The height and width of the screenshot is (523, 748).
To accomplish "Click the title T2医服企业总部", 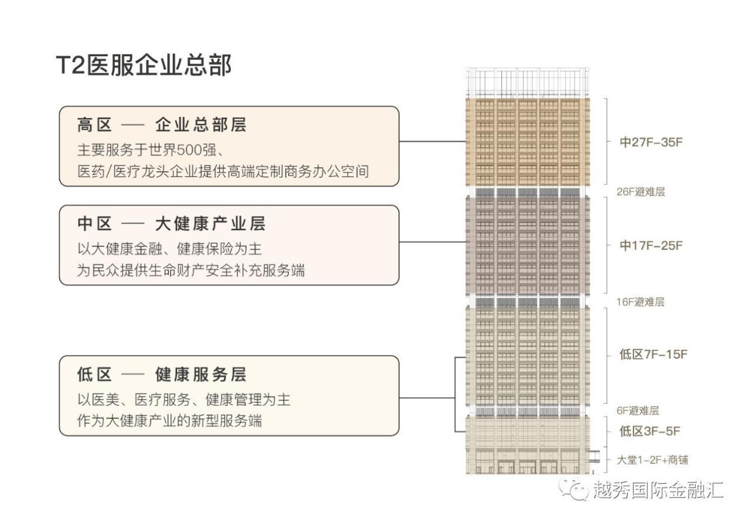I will (x=143, y=66).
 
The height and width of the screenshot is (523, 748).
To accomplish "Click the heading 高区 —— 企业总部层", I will (x=162, y=125).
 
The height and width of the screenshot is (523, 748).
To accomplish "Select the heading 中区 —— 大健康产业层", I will (x=171, y=224).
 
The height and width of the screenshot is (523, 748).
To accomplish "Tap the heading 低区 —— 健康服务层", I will (x=162, y=375).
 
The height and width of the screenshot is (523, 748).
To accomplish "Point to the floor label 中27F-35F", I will (x=651, y=142).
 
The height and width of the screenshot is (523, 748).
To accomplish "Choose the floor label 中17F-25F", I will (x=651, y=246).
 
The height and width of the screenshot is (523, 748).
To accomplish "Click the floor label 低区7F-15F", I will (x=653, y=355).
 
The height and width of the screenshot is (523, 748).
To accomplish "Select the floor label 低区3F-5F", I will (x=649, y=431).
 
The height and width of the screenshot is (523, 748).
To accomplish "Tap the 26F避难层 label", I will (x=641, y=192).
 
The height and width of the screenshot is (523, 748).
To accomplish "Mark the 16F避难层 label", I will (x=641, y=302).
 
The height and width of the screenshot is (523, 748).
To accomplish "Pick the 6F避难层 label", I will (x=638, y=411).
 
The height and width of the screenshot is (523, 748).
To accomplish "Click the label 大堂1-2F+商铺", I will (x=652, y=460).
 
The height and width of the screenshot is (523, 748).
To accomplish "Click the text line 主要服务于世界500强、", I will (x=157, y=148).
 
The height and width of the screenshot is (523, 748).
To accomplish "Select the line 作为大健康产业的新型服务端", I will (x=170, y=421).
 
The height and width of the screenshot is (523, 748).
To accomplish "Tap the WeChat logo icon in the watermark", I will (x=574, y=489).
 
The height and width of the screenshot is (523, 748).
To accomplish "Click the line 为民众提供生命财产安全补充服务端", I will (x=191, y=271).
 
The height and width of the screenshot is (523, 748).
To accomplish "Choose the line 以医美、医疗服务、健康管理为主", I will (x=184, y=399).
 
